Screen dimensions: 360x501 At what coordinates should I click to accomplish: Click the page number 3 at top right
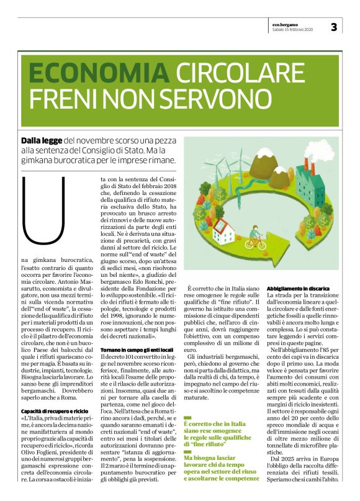click(333, 27)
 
